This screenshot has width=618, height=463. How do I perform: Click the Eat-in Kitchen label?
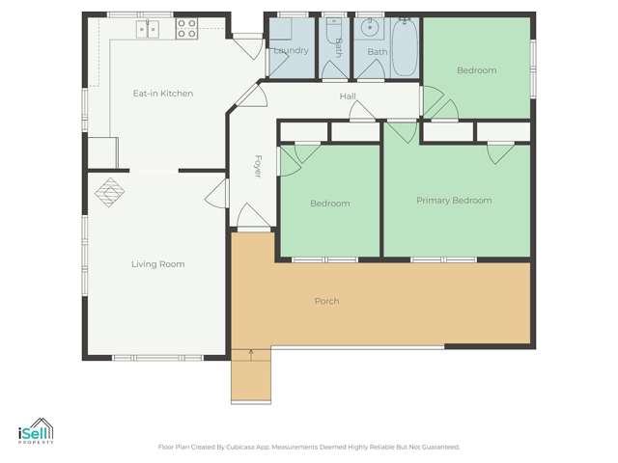coord(163,94)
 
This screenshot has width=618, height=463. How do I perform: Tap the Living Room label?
coord(157,264)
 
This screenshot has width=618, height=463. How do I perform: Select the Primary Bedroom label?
coord(454,201)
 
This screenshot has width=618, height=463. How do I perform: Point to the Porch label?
coord(326,302)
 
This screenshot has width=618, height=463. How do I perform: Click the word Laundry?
coord(290,50)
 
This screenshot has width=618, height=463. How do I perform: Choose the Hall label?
coord(348,96)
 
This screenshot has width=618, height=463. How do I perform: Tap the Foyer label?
coord(258,166)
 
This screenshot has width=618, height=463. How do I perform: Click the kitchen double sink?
coord(148,29)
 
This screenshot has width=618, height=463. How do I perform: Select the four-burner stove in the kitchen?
coord(186,28)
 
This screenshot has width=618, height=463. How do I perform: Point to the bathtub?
coord(404,45)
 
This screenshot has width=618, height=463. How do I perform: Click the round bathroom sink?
coord(369,28)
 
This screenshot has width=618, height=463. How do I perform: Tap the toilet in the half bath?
coord(334,33)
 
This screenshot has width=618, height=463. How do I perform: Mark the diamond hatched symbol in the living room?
coord(109,191)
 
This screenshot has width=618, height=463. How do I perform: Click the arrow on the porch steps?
coord(251,354)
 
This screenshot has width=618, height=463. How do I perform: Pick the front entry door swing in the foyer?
coord(247,218)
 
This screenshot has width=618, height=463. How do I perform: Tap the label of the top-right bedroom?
coord(476,70)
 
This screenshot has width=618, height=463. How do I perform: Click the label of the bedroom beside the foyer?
coord(329,204)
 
